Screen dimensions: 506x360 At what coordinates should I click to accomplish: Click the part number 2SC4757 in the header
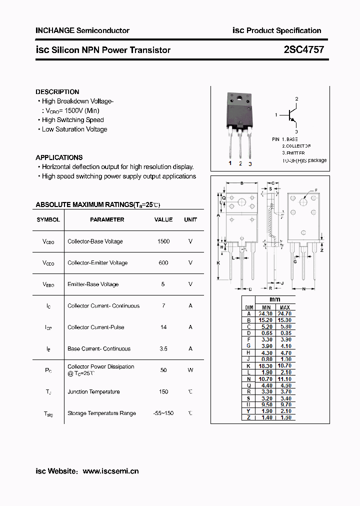[x=304, y=50]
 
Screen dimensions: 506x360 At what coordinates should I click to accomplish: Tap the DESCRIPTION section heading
[x=57, y=92]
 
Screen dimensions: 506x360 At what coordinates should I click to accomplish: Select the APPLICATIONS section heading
[x=59, y=157]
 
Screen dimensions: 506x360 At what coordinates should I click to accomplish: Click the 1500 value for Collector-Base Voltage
[x=163, y=241]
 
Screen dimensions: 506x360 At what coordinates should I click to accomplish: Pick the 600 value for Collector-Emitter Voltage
[x=163, y=263]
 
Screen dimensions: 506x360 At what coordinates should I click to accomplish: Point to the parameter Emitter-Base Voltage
[x=93, y=284]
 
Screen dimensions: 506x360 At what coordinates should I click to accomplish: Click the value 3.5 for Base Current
[x=163, y=349]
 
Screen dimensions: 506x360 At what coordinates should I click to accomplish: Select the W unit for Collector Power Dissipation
[x=190, y=370]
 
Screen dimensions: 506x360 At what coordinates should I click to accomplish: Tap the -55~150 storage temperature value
[x=163, y=413]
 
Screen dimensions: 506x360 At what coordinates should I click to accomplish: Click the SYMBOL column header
[x=48, y=219]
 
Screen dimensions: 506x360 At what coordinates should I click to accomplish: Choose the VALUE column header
[x=163, y=219]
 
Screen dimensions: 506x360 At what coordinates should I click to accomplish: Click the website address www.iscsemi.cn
[x=110, y=471]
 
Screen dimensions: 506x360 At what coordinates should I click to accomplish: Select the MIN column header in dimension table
[x=266, y=307]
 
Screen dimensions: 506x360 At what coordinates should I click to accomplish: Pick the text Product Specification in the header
[x=284, y=30]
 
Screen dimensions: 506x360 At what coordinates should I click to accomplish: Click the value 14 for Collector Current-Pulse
[x=163, y=327]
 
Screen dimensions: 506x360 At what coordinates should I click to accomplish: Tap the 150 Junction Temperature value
[x=163, y=392]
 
